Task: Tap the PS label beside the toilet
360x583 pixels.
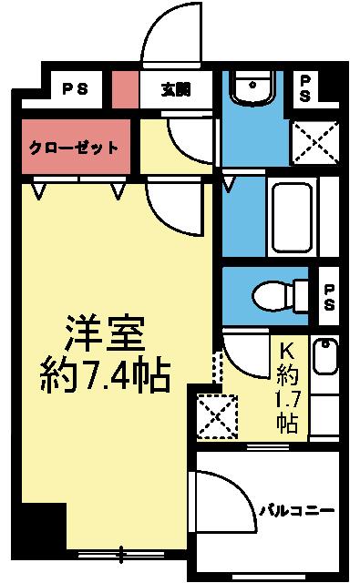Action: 329,293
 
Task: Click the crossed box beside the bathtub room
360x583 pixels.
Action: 314,140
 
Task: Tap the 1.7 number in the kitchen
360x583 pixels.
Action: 286,399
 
